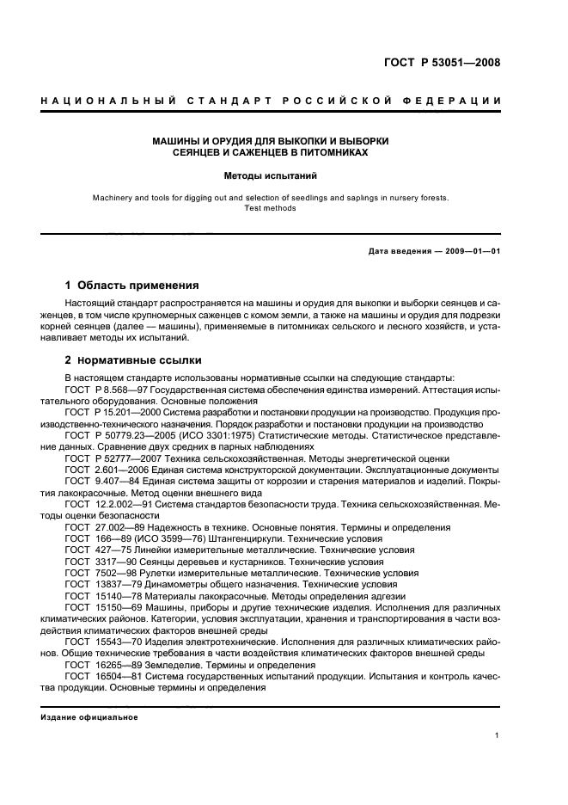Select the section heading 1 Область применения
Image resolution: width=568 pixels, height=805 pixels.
132,285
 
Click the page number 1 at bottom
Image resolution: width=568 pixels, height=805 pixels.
498,735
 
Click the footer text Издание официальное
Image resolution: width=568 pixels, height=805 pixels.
90,716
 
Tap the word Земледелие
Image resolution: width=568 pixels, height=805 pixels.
168,665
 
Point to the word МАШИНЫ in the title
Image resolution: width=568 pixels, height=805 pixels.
178,140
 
